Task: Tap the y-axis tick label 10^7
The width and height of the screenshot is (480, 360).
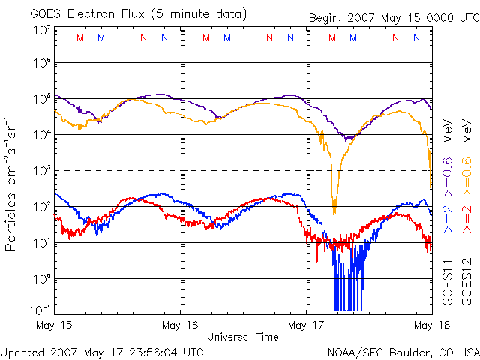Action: point(42,31)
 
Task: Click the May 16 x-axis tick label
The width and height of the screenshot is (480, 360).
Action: point(180,325)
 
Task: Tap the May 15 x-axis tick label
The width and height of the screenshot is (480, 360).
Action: point(55,325)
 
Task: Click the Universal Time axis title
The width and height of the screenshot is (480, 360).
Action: point(243,337)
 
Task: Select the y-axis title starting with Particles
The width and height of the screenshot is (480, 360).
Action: point(11,184)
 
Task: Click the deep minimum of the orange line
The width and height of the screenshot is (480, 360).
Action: point(334,213)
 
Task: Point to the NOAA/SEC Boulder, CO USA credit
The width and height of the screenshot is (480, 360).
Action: point(403,351)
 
